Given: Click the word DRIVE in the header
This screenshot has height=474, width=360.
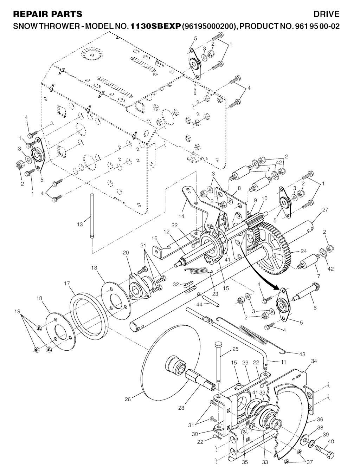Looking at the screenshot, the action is coord(327,14).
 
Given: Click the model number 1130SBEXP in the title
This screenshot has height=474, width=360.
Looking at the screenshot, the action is coord(155,26).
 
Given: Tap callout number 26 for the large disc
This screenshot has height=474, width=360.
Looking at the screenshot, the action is coord(128,399).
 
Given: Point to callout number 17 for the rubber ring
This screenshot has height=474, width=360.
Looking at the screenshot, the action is coord(67,283).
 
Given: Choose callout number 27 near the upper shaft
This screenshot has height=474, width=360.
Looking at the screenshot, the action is coord(325,210).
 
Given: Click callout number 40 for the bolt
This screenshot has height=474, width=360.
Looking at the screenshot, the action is coord(330,441).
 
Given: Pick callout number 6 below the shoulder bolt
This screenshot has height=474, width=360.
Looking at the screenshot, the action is coord(315,307).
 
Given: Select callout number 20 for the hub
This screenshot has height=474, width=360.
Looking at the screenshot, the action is coord(126,252).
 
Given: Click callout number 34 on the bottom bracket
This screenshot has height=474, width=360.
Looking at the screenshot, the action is coord(314,361).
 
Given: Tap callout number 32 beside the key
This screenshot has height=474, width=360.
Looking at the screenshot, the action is coord(176,284).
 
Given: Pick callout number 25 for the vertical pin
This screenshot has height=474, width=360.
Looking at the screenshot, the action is coord(235,349).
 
